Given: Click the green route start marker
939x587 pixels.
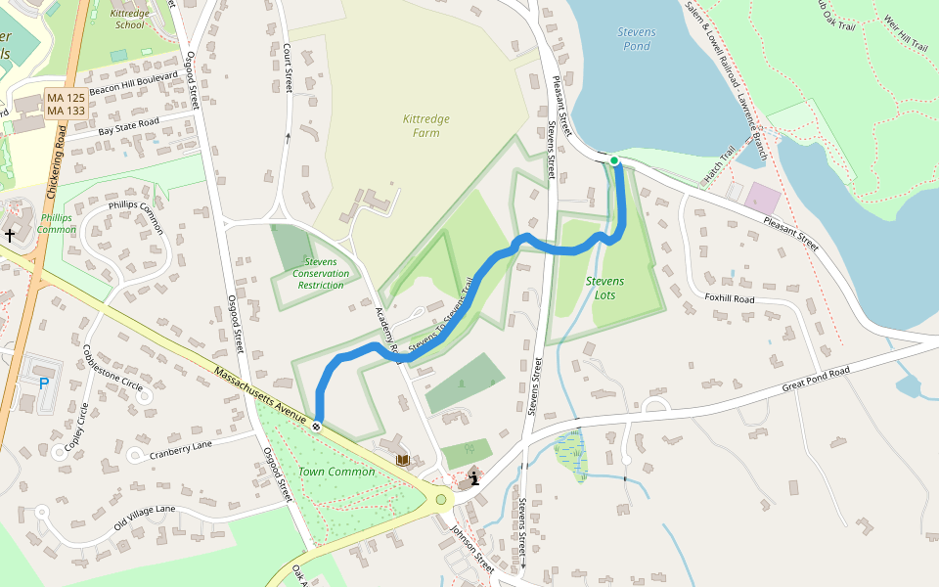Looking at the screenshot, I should coord(614,160).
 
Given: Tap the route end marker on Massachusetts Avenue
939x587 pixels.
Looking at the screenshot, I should coord(317,426).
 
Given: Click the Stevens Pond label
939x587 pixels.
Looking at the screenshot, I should coord(637,39).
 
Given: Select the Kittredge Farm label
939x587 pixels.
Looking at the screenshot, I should coord(426,125).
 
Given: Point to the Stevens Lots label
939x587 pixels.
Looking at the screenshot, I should coord(604,288).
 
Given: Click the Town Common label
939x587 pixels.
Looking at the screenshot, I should coord(336,472).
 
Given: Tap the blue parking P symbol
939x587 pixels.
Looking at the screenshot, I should coord(44,383).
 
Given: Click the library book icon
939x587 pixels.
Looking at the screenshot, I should coord(402,460).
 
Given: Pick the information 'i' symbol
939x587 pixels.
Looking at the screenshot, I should coord(474,478).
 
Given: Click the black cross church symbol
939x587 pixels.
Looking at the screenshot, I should coord(10,235).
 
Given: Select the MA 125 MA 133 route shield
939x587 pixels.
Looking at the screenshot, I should coord(67,105).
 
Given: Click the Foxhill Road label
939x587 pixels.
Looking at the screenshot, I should coord(730,297).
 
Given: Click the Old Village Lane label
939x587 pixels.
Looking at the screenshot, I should coord(144,516).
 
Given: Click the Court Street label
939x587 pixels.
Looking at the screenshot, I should coord(289,68).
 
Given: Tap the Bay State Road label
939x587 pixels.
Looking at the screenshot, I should coord(128,125).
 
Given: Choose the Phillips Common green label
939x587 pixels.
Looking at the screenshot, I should coord(57,223).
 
